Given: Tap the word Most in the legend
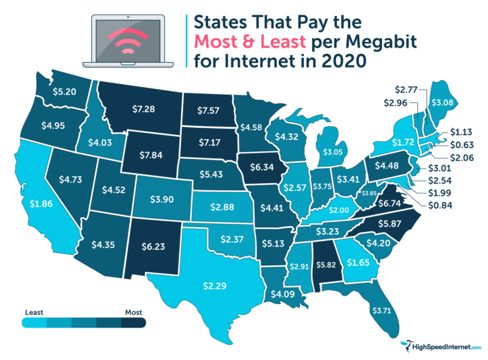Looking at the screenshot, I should click(x=133, y=312).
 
